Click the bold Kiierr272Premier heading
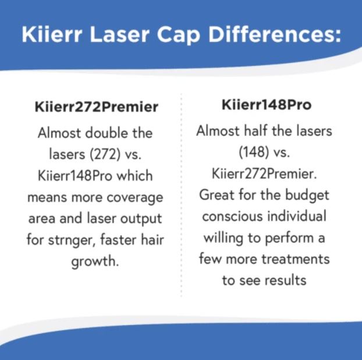point(96,107)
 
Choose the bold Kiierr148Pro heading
point(267,105)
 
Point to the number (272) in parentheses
point(105,154)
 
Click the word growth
point(95,262)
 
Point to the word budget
point(307,195)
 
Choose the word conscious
point(233,217)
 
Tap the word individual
point(297,216)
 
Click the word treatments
point(296,259)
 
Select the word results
point(285,280)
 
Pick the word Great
point(217,195)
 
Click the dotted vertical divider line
point(182,195)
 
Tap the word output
point(141,219)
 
